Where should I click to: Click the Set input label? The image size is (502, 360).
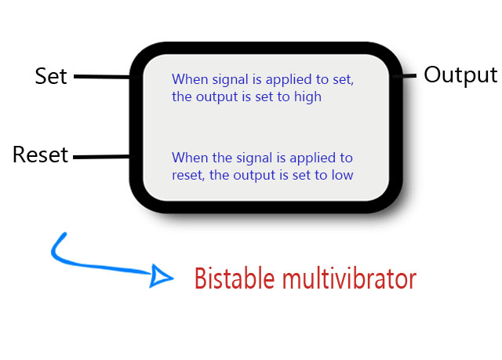tap(51, 76)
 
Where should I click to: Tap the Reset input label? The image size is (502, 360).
tap(40, 155)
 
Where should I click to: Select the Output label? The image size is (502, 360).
tap(460, 75)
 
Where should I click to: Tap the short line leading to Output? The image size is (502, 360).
tap(408, 76)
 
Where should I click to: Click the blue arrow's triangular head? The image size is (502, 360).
tap(162, 276)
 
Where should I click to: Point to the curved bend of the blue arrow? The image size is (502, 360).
tap(57, 255)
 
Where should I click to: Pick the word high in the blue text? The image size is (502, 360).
tap(307, 97)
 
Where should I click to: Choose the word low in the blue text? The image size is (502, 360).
tap(342, 175)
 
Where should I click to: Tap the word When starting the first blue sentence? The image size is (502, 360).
tap(187, 79)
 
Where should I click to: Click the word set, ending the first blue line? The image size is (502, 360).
tap(346, 79)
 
